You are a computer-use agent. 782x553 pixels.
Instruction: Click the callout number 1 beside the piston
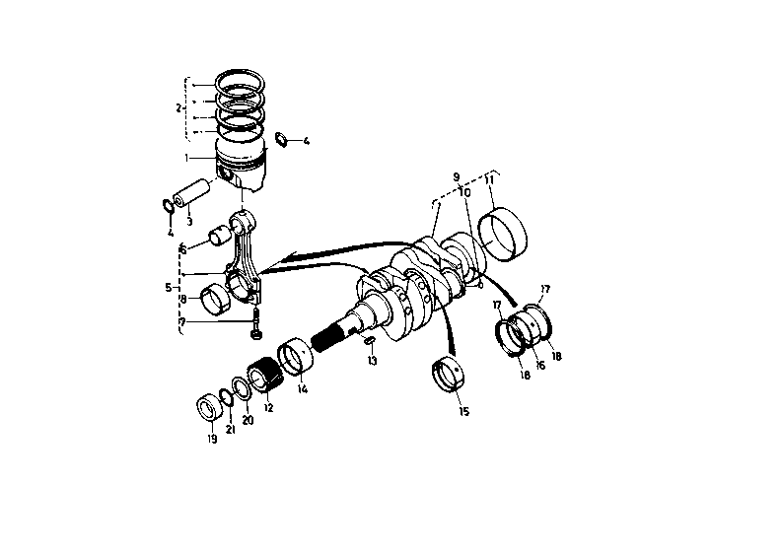(x=187, y=158)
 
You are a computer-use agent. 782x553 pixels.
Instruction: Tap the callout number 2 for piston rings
(x=178, y=107)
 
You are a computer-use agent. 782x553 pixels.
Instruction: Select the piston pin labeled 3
(x=192, y=193)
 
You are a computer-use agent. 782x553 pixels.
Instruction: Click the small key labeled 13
(x=369, y=341)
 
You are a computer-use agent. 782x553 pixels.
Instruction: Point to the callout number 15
(x=463, y=411)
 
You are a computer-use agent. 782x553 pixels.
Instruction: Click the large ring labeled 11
(x=503, y=234)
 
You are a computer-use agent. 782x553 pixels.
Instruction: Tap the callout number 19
(x=212, y=439)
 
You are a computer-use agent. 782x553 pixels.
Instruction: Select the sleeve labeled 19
(x=210, y=407)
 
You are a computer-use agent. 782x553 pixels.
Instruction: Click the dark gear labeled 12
(x=265, y=375)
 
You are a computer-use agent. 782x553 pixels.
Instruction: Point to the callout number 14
(x=303, y=389)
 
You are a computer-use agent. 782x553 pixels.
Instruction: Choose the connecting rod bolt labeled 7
(x=255, y=323)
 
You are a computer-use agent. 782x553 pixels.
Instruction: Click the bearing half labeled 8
(x=215, y=300)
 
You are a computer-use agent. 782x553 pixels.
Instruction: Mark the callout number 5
(x=169, y=288)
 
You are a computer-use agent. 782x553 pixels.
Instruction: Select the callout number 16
(x=539, y=365)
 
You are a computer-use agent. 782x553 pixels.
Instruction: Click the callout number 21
(x=230, y=430)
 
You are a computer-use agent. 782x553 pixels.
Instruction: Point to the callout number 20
(x=248, y=420)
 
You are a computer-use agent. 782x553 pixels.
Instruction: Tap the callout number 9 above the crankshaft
(x=457, y=176)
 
